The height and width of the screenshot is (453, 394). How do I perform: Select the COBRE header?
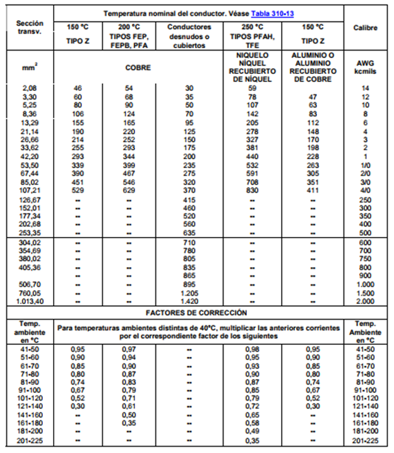[138, 68]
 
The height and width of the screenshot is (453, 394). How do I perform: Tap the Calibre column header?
[365, 27]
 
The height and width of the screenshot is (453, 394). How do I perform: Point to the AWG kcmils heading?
[364, 68]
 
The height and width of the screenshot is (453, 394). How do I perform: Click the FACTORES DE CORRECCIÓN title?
[196, 312]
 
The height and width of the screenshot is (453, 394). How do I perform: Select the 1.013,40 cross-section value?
[29, 301]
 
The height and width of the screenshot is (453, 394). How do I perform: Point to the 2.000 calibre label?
[365, 301]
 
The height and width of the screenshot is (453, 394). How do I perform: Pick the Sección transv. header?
[29, 27]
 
